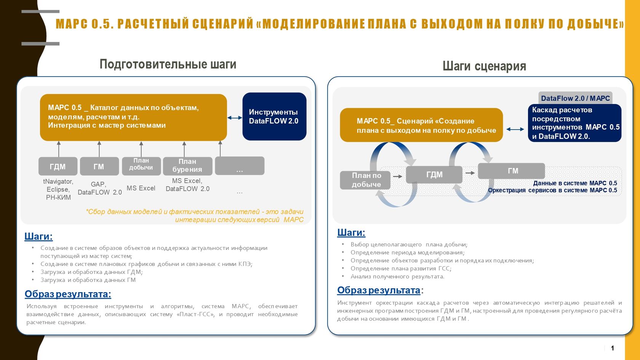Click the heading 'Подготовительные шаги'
pos(168,64)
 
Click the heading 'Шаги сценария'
pos(484,66)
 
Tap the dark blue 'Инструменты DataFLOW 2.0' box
pos(274,116)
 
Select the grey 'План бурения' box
pos(187,166)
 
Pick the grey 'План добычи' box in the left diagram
pos(141,166)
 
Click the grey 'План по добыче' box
pos(365,180)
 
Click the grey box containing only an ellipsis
pos(239,166)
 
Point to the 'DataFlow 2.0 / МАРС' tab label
pos(575,98)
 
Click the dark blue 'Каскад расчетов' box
pos(574,123)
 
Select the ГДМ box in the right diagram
pos(434,174)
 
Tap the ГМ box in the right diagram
pos(511,171)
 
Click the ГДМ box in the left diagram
pos(58,166)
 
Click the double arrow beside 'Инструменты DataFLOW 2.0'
pos(235,118)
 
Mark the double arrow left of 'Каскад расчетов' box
pos(515,129)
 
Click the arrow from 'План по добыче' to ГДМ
pos(397,176)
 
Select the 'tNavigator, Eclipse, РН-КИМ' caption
pos(58,189)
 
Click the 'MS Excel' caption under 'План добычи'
pos(141,188)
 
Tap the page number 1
pos(612,348)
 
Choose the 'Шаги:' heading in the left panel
pos(38,236)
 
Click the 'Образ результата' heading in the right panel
pos(379,290)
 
